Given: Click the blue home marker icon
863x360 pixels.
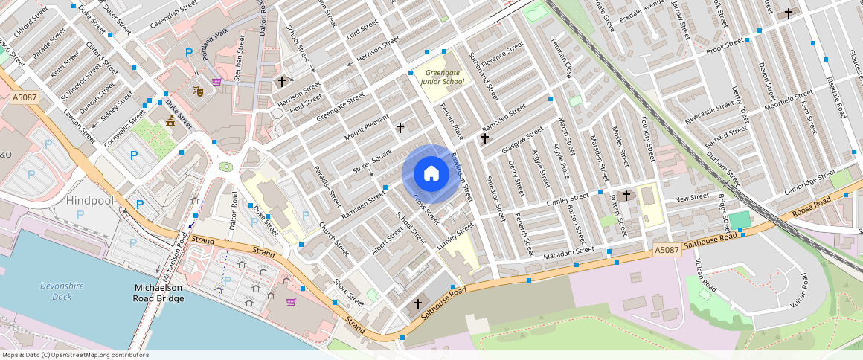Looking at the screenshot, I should tap(431, 174).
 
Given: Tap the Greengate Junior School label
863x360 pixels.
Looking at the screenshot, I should tap(443, 77).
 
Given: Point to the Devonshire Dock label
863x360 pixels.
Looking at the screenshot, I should tap(57, 291).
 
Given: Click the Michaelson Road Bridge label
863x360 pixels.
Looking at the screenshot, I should tap(158, 293).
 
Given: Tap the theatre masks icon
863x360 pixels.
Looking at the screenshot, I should tap(199, 90).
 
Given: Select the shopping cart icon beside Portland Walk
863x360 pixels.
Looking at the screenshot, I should tap(216, 82).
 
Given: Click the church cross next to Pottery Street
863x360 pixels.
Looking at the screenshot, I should tap(626, 196).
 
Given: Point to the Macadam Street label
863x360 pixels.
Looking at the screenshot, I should tap(569, 252).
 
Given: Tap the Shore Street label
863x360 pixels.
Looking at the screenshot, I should tap(349, 292).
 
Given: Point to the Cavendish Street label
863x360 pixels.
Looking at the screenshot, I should tap(174, 14).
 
